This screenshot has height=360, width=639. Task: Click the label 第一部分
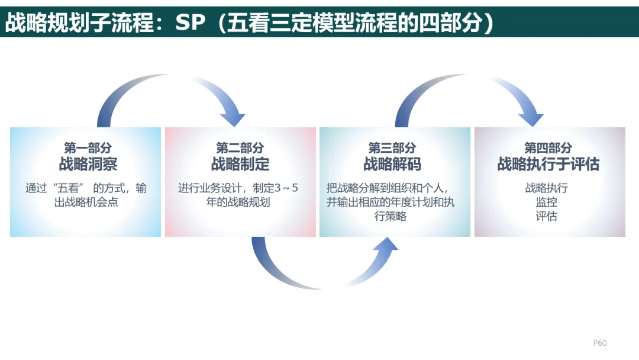pyautogui.click(x=88, y=147)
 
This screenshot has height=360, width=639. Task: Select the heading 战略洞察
pyautogui.click(x=88, y=164)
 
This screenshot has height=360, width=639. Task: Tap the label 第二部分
pyautogui.click(x=240, y=147)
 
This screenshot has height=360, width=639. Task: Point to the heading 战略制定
pyautogui.click(x=240, y=164)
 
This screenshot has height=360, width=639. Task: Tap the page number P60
pyautogui.click(x=599, y=343)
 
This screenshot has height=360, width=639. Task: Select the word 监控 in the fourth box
pyautogui.click(x=546, y=202)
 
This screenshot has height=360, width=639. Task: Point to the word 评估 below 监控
pyautogui.click(x=546, y=216)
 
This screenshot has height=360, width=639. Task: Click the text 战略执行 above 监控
pyautogui.click(x=546, y=188)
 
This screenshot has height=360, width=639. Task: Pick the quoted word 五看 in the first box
pyautogui.click(x=64, y=188)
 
